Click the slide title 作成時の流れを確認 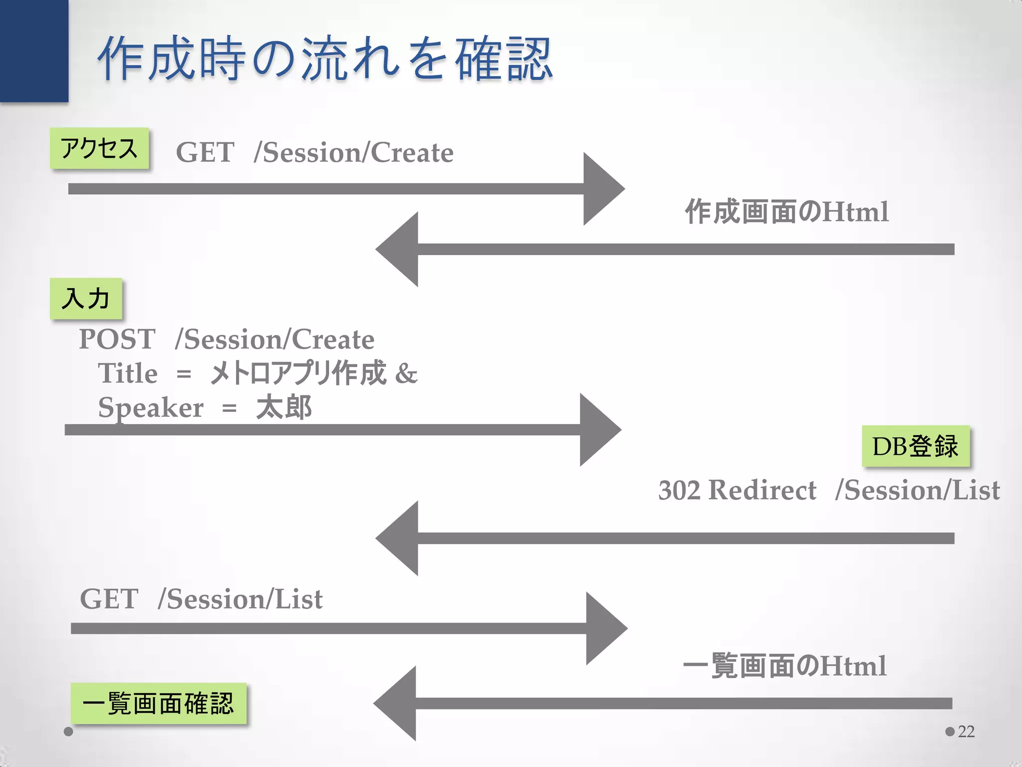tap(324, 59)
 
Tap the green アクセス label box tap(99, 148)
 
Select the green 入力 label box tap(86, 299)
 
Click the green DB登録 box tap(915, 446)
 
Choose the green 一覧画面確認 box tap(158, 703)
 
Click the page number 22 tap(966, 732)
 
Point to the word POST tap(117, 339)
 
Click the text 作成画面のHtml tap(786, 212)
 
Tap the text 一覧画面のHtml tap(784, 666)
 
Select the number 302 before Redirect tap(679, 490)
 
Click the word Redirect tap(762, 490)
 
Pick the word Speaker tap(151, 407)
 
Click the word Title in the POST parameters tap(128, 373)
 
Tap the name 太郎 tap(283, 407)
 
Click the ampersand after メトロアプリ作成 tap(406, 373)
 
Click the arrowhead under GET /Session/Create tap(601, 189)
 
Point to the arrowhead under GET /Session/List tap(604, 628)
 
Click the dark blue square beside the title tap(34, 50)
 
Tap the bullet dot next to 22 tap(950, 732)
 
